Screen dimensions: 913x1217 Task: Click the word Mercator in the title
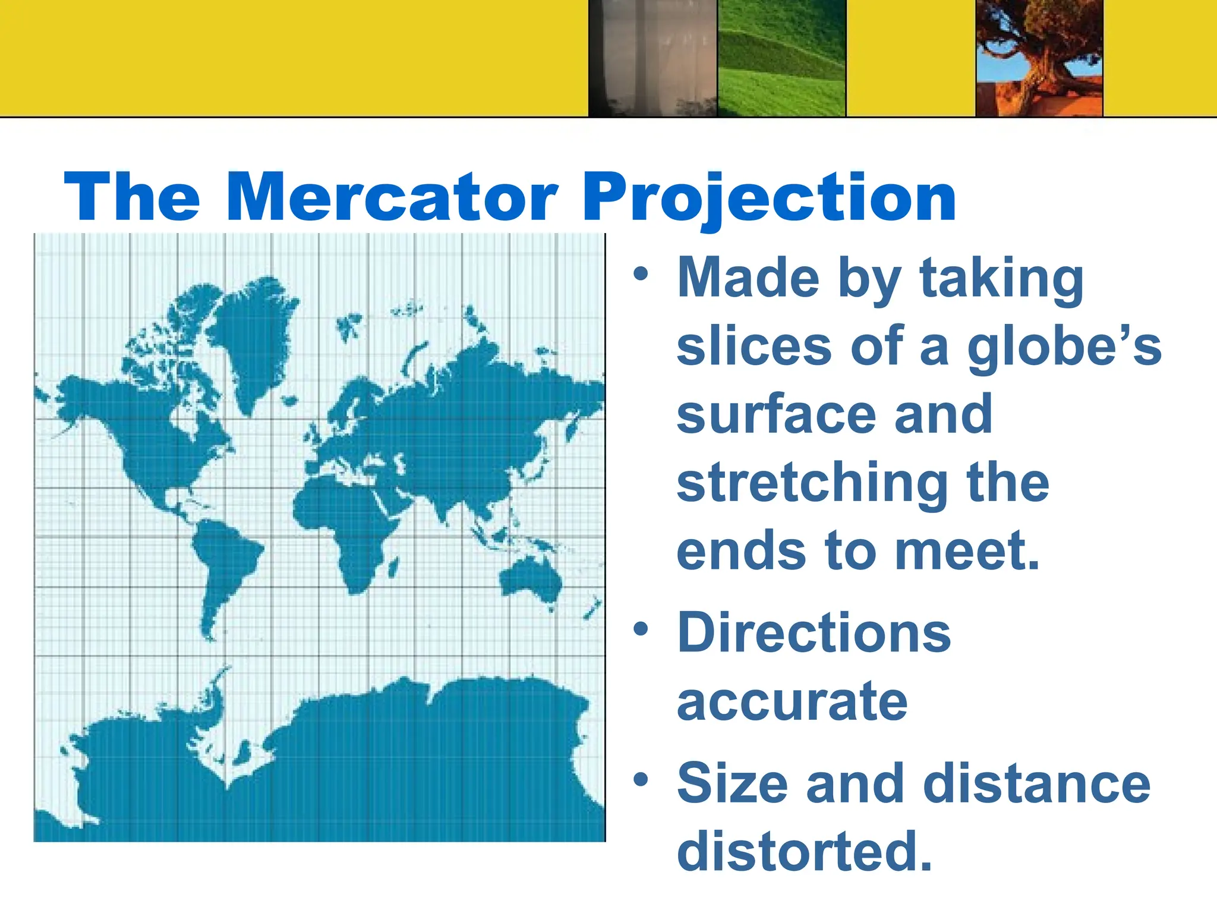point(392,197)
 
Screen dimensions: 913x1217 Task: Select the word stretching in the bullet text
point(812,484)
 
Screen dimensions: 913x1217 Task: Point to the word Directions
point(814,633)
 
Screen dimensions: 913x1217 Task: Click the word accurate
point(792,702)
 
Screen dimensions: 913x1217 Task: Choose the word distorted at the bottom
point(804,851)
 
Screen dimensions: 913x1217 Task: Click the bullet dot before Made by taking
point(640,274)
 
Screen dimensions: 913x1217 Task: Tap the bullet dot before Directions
point(640,629)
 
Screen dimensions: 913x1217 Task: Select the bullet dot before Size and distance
point(640,779)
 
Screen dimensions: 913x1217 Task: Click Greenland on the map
point(253,339)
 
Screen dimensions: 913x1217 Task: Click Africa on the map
point(345,523)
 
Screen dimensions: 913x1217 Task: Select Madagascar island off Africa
point(393,568)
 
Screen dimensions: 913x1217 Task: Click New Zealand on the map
point(592,609)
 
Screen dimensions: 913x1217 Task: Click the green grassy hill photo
point(781,58)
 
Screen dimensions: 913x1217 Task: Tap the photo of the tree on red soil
point(1039,58)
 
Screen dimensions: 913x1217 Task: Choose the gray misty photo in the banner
point(652,58)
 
